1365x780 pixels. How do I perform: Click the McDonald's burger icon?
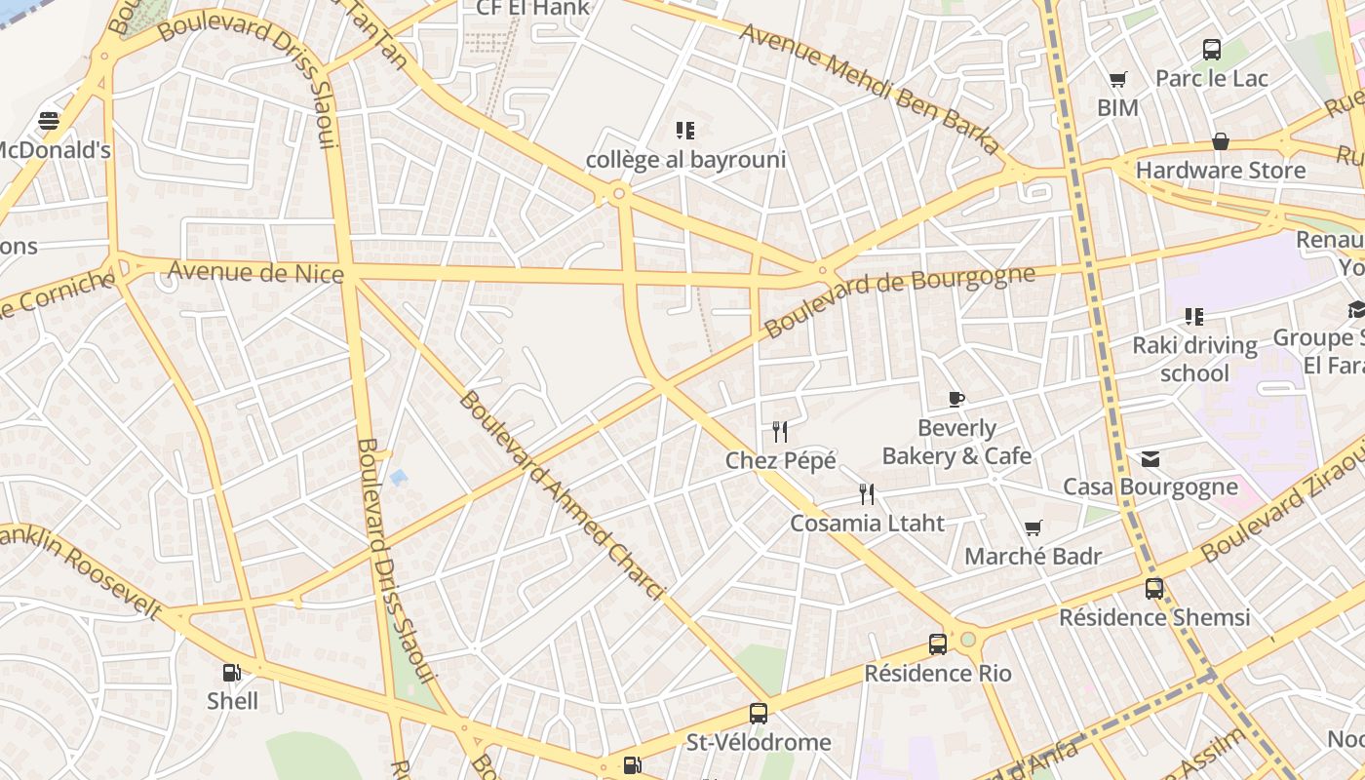49,121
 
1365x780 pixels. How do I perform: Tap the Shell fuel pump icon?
231,672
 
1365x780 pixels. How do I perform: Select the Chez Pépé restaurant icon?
780,431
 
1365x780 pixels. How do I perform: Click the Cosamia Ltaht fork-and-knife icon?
867,494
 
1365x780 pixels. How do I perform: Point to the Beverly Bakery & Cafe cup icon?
956,399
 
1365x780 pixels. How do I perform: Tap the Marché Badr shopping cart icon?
1033,527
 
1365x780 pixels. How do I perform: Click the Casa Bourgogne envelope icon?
1150,458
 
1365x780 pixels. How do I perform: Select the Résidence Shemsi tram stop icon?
1154,588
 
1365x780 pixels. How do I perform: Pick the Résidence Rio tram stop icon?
938,643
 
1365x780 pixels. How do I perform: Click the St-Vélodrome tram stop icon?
759,714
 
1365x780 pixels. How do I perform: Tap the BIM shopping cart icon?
1117,79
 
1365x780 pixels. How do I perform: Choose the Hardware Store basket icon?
1220,142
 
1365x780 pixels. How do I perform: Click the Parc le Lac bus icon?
1212,50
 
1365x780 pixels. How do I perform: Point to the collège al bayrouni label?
685,160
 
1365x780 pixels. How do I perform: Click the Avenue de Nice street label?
256,272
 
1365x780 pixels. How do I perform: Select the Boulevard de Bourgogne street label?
898,300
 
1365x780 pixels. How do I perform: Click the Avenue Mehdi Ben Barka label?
870,88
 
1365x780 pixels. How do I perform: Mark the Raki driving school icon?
1194,317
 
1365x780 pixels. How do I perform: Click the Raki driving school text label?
1194,359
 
